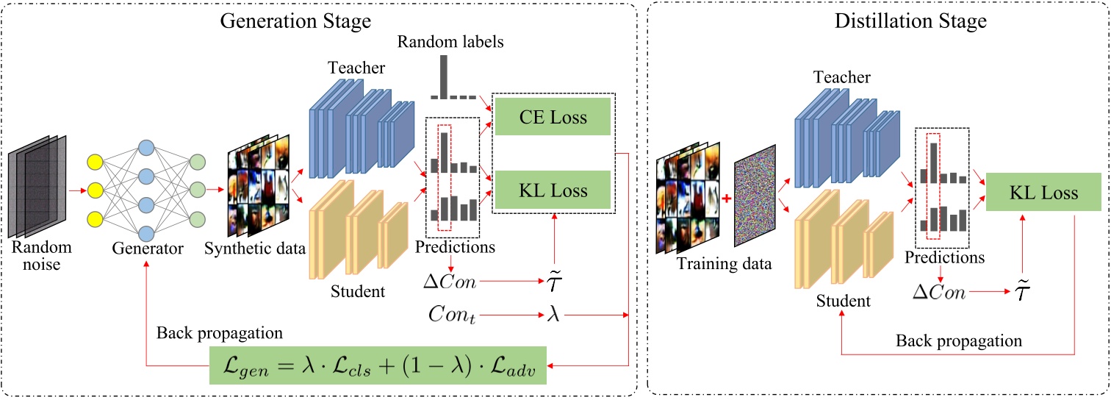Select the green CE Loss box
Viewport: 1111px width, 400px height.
coord(552,117)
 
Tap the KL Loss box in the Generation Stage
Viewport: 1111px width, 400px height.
coord(552,190)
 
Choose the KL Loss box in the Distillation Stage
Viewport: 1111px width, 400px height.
coord(1032,193)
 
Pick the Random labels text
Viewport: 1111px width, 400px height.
coord(450,41)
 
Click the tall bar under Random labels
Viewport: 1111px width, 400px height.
coord(443,76)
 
